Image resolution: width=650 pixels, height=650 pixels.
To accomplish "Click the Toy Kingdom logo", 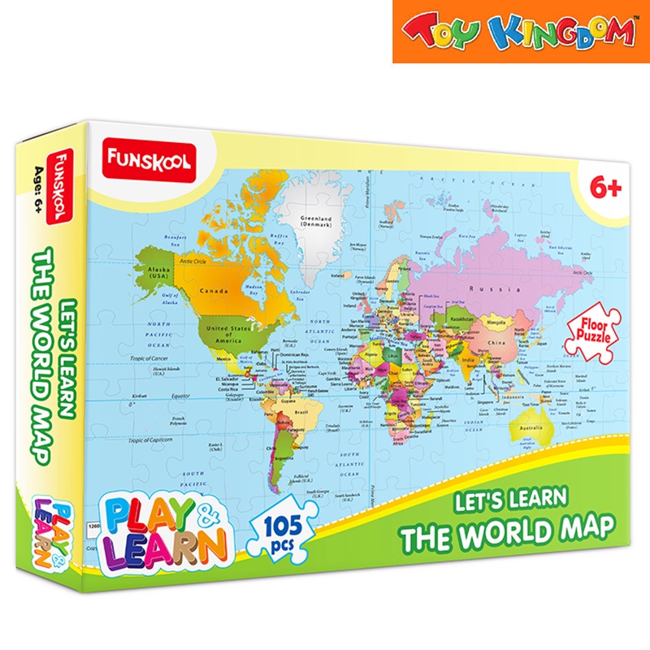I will (x=520, y=32).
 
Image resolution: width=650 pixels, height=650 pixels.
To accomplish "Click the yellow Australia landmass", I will (x=529, y=427).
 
